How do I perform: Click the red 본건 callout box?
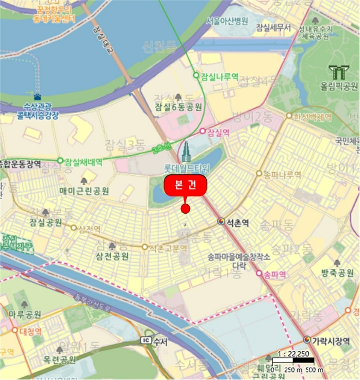pos(186,186)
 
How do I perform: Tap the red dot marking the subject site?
pos(185,208)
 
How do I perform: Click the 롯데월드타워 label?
pos(186,167)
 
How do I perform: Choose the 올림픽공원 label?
pos(339,86)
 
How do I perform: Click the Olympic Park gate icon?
pos(339,71)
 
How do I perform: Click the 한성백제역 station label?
pos(312,117)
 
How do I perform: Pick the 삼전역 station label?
pos(90,229)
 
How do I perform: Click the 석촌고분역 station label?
pos(168,248)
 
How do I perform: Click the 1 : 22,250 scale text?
pos(293,354)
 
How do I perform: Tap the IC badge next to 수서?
pos(144,340)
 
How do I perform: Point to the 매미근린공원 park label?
pos(84,191)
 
